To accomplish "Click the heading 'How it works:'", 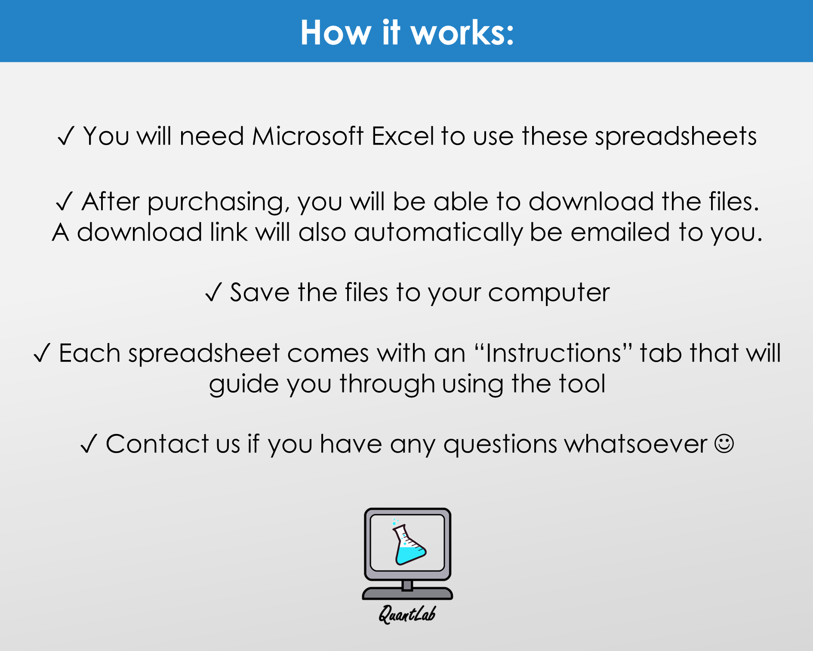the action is pos(407,32).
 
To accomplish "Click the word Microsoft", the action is pos(308,136).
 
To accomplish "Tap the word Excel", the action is pos(403,136).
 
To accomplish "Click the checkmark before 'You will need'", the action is pos(66,136).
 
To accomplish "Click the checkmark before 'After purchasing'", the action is pos(65,201).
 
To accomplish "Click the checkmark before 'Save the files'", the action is pos(213,292).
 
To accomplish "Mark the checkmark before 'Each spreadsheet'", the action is pos(42,353).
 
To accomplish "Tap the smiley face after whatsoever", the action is pos(724,444).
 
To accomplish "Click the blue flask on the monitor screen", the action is pos(409,544).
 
